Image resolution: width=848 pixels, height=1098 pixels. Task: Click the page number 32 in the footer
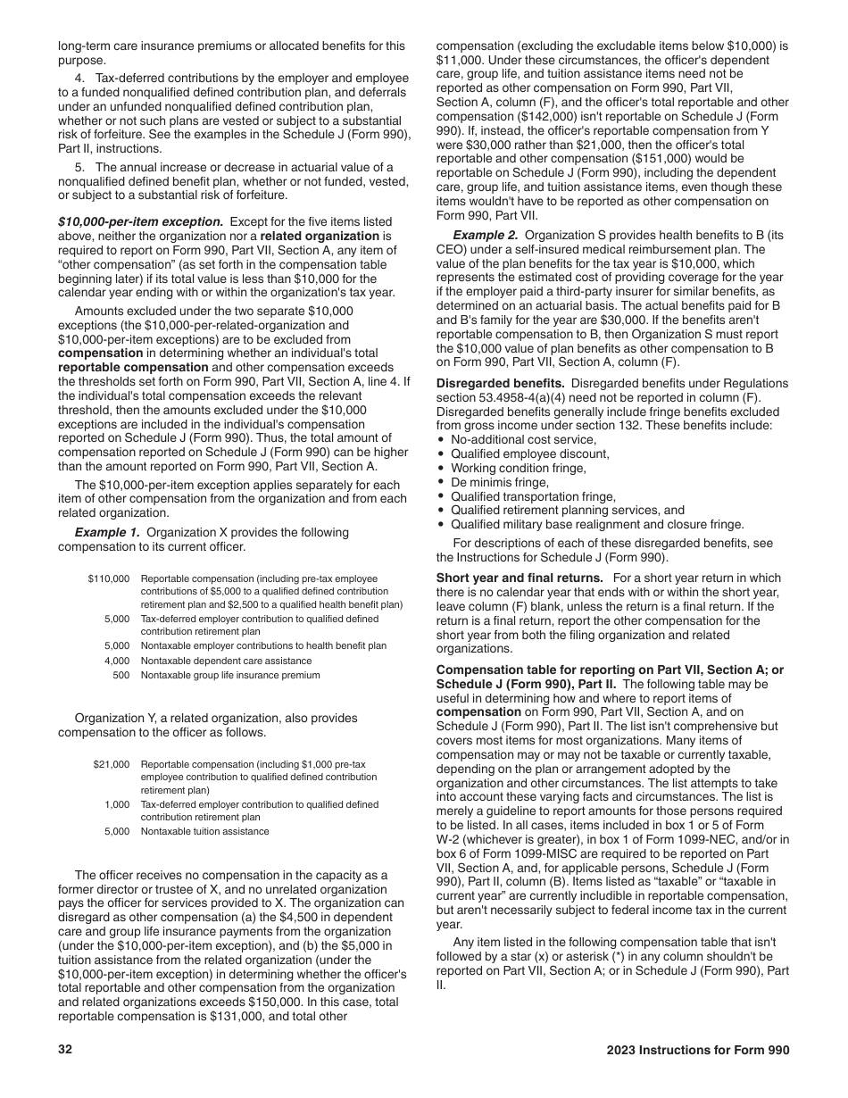[64, 1051]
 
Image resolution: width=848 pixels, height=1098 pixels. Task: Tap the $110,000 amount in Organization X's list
[109, 579]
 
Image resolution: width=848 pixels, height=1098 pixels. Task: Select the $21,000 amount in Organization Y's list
[112, 765]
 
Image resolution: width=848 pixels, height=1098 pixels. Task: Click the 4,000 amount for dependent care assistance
[117, 661]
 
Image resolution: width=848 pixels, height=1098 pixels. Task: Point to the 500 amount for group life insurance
[121, 675]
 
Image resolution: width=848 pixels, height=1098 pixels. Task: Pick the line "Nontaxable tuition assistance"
[204, 831]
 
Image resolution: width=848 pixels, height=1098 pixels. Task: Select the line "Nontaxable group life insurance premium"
[230, 675]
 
